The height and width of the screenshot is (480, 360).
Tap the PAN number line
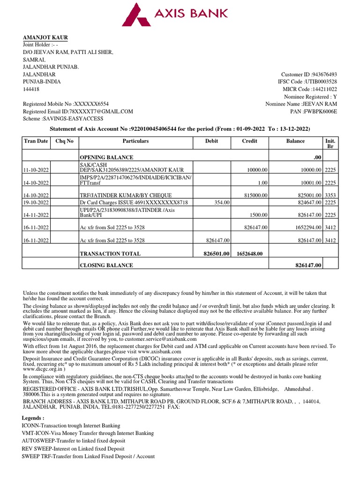point(314,112)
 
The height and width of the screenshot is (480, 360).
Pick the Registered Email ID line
point(78,112)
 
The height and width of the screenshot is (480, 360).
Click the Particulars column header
point(135,141)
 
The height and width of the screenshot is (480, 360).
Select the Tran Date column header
point(36,141)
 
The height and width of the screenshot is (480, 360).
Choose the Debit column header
point(211,141)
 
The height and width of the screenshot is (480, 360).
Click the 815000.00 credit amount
point(256,195)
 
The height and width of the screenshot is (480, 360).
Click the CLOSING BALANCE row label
point(106,265)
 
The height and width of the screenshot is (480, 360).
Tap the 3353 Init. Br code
point(330,195)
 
